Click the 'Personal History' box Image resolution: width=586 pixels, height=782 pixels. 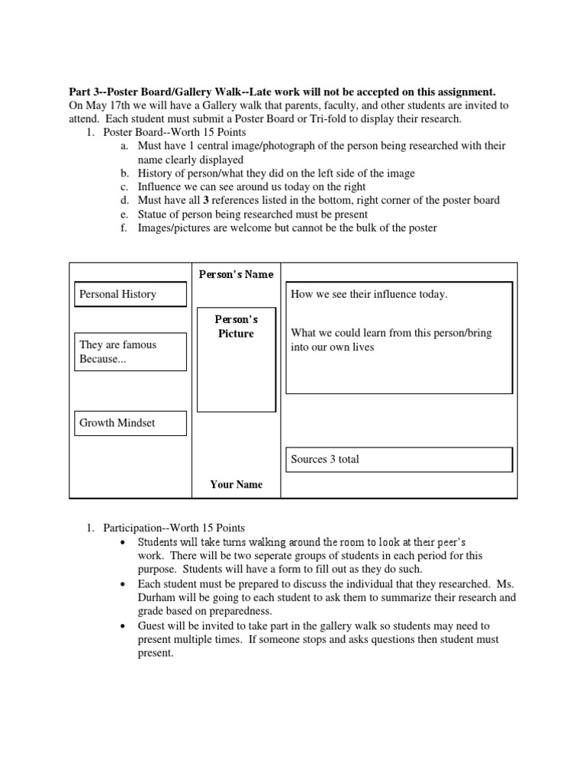130,294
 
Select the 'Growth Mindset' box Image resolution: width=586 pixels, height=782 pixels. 130,423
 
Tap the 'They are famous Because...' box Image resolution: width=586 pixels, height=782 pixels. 130,352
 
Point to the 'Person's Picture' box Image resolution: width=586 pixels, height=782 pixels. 236,359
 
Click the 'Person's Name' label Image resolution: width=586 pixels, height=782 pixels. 236,274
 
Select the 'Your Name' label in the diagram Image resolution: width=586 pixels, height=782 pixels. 236,484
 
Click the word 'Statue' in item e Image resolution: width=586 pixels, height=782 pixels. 154,215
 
